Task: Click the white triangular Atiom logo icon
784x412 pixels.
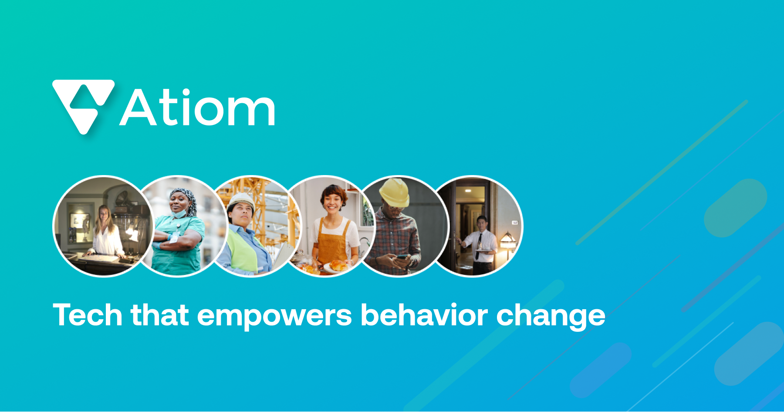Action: [83, 105]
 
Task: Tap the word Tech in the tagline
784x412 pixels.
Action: [87, 315]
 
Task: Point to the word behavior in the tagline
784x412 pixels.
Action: [424, 315]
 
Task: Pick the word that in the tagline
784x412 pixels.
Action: [159, 315]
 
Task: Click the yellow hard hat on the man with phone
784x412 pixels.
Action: [395, 192]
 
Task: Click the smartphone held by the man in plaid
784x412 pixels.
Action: [402, 257]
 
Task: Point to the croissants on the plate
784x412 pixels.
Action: [338, 265]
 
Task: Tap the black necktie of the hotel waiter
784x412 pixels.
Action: [479, 246]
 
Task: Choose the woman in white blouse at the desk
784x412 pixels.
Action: [106, 233]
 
